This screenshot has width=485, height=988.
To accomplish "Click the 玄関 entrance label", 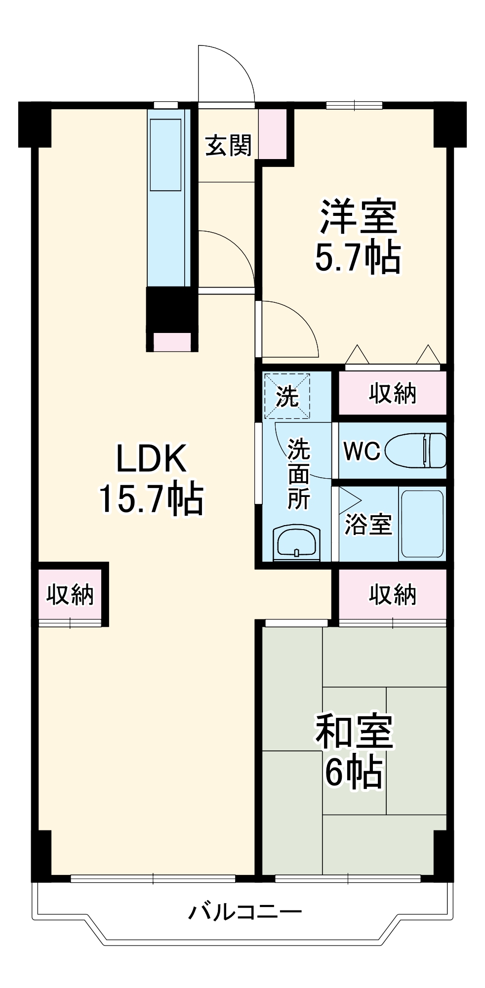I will [x=228, y=145].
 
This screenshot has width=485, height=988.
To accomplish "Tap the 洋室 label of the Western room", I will [x=358, y=217].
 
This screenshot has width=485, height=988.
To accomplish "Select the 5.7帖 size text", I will [x=358, y=257].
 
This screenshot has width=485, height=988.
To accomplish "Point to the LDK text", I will [x=151, y=458].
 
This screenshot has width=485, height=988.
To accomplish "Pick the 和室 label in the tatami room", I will [x=354, y=732].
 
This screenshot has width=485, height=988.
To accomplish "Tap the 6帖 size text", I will [x=353, y=772].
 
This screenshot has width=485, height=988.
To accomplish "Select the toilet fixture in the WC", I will [x=415, y=450].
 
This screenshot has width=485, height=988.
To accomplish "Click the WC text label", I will [x=362, y=451].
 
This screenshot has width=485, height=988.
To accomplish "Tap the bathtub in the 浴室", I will [x=422, y=524].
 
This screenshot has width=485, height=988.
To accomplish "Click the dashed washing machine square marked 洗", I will [x=286, y=396].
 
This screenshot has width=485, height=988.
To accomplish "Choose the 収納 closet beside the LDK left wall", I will [x=70, y=594].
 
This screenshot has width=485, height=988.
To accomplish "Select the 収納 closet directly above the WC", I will [x=392, y=393].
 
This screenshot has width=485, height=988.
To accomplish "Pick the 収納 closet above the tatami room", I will [x=392, y=594].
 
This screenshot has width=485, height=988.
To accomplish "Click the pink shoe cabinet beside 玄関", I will [x=272, y=133].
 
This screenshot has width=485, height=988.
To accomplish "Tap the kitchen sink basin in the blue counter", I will [x=166, y=154].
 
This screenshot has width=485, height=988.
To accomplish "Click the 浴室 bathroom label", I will [x=368, y=524].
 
